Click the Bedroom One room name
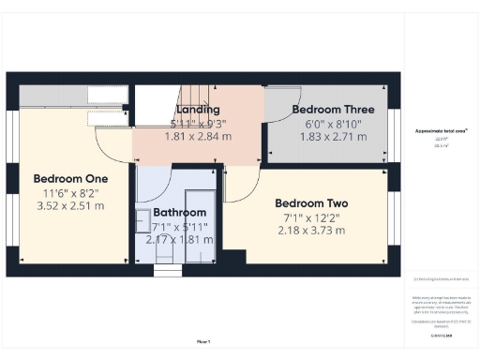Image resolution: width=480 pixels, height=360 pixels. click(x=70, y=178)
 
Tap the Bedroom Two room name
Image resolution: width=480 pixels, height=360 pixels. click(x=311, y=203)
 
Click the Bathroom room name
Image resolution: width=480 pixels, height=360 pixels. click(x=180, y=212)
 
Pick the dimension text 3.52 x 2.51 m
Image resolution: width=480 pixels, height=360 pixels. click(x=70, y=206)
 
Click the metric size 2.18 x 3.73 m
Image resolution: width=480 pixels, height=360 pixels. click(x=311, y=231)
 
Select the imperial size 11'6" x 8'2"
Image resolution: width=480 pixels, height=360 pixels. click(x=70, y=192)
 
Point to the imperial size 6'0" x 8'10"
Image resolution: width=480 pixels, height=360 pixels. click(x=326, y=123)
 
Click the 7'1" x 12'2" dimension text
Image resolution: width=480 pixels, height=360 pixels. click(x=311, y=217)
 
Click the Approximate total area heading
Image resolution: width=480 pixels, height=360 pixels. click(x=441, y=130)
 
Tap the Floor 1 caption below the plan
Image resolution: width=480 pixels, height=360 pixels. click(x=202, y=341)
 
